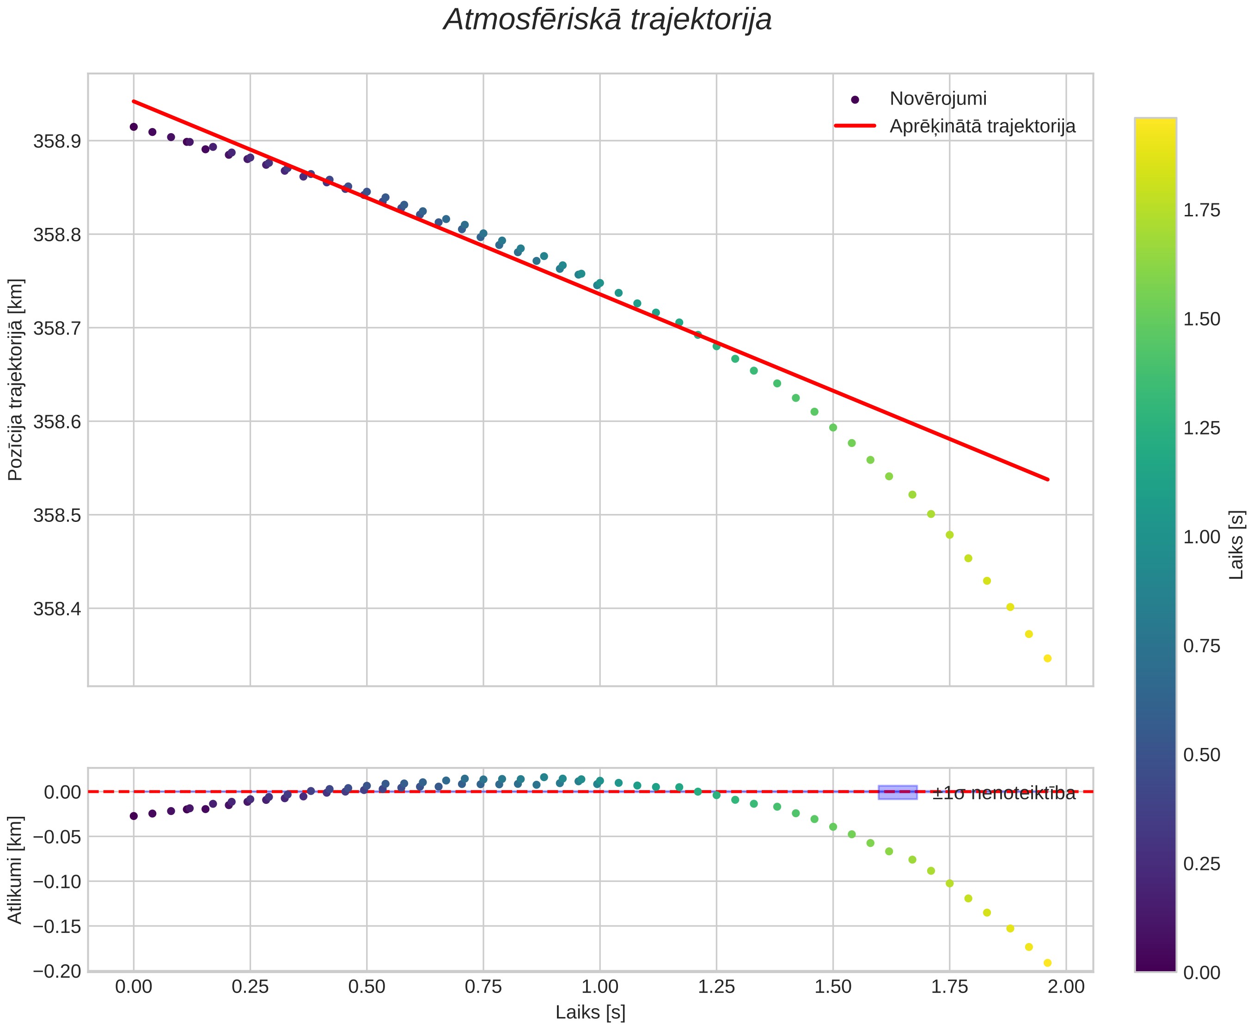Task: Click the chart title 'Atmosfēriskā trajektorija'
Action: pos(607,20)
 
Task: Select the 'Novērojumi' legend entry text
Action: pos(938,98)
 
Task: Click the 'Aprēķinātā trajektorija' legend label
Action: pos(982,126)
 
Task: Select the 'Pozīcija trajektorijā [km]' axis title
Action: pos(16,380)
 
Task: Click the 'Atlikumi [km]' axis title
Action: pos(16,870)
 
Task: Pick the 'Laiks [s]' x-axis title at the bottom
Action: pos(590,1012)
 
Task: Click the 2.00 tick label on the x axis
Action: pos(1066,986)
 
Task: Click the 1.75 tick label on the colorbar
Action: pos(1202,210)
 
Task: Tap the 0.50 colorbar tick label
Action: pos(1202,755)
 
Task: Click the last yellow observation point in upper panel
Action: pos(1047,659)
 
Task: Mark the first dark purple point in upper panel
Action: pos(134,127)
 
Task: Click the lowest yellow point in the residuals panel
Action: pos(1047,963)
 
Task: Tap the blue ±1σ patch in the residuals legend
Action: pos(898,792)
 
